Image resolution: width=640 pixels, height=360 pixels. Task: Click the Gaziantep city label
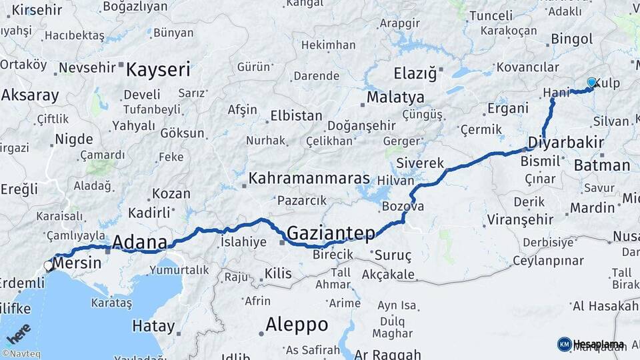click(x=330, y=233)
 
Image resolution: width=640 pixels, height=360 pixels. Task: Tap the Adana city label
click(x=139, y=241)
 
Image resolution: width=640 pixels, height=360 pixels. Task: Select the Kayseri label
click(x=158, y=69)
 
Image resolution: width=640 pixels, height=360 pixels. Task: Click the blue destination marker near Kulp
click(x=591, y=83)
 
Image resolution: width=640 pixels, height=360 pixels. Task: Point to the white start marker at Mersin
click(x=49, y=266)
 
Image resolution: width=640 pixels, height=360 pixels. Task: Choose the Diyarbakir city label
click(x=565, y=143)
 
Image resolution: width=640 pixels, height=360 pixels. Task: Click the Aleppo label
click(x=297, y=325)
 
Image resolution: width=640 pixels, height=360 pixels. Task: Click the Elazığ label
click(x=415, y=73)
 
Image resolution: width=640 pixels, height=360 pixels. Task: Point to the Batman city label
click(x=601, y=165)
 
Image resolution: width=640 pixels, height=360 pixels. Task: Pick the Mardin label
click(x=592, y=207)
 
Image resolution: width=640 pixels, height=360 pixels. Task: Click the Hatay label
click(x=153, y=327)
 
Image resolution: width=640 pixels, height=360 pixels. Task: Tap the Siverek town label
click(x=419, y=163)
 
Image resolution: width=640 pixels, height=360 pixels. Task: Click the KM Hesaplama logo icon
click(x=564, y=344)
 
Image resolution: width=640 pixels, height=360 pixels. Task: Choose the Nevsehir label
click(x=87, y=68)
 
